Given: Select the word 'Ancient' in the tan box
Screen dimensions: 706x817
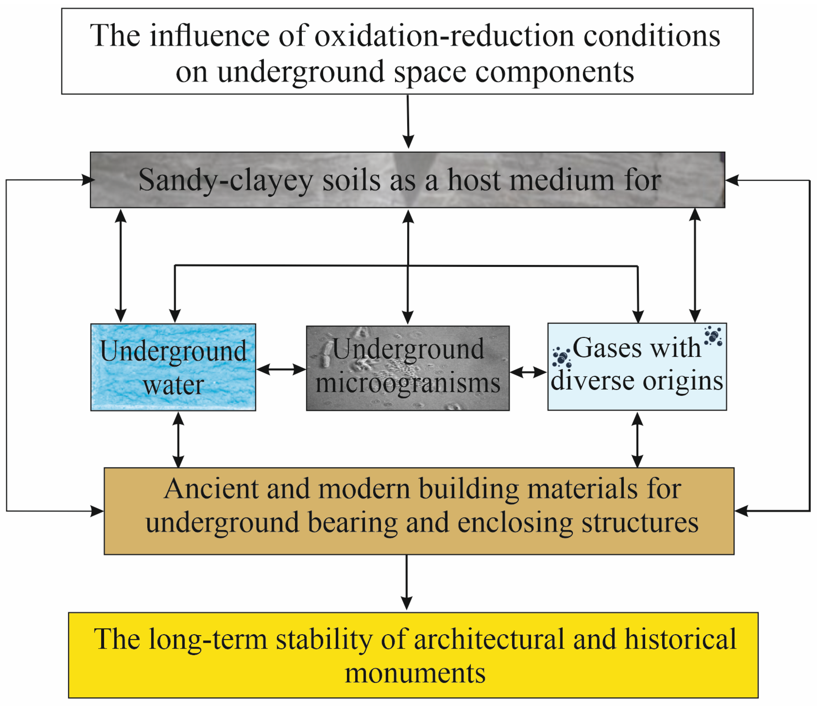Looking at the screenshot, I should pos(210,489).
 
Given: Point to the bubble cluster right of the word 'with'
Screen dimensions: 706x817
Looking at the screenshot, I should pos(713,336).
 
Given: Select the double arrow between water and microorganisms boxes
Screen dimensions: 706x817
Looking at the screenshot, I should pos(281,370).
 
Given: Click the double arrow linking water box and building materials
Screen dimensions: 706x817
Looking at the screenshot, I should pos(179,439).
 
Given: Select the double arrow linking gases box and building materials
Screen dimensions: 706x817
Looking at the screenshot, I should pos(638,439).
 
